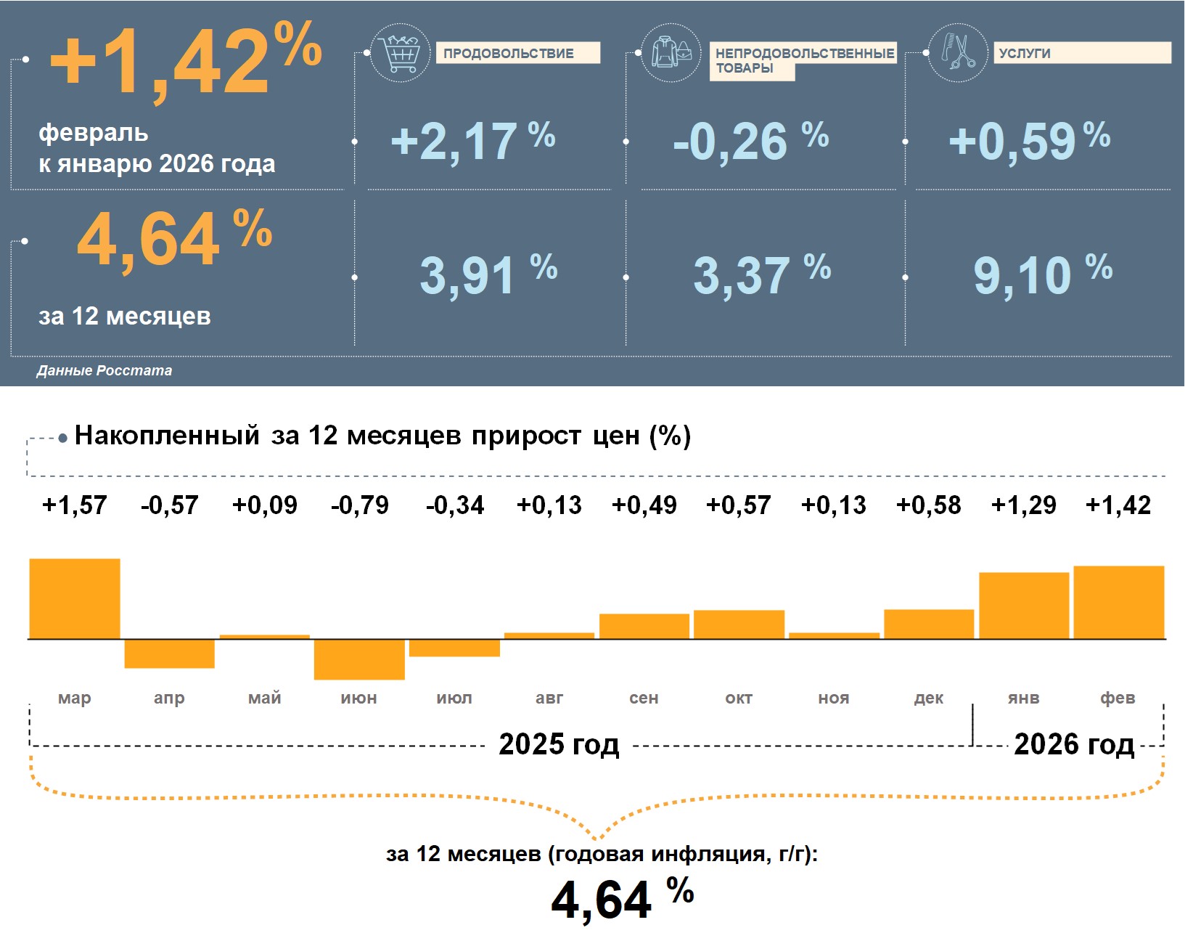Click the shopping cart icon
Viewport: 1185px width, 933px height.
(x=400, y=53)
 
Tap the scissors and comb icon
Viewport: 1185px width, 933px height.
(x=958, y=52)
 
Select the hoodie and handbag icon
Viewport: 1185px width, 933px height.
(x=671, y=53)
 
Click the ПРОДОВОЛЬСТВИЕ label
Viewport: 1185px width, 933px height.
(x=517, y=53)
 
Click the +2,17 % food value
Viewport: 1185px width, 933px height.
(x=472, y=140)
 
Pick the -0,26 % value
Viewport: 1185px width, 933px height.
(x=750, y=140)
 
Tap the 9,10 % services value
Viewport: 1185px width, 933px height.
(x=1042, y=274)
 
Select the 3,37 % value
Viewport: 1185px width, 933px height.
(x=761, y=274)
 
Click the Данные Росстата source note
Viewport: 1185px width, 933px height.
(x=104, y=370)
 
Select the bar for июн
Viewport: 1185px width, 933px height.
(x=359, y=659)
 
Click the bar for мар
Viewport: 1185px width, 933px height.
(x=75, y=598)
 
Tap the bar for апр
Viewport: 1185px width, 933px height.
(x=170, y=653)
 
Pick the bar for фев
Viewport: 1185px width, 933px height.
(x=1118, y=602)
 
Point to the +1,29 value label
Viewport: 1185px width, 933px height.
(x=1023, y=505)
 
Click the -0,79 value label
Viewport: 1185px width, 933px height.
(x=359, y=505)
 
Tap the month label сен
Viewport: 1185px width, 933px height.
(x=644, y=698)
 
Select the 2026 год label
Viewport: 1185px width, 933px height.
(x=1073, y=744)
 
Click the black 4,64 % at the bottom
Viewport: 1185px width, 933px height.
(x=622, y=899)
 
